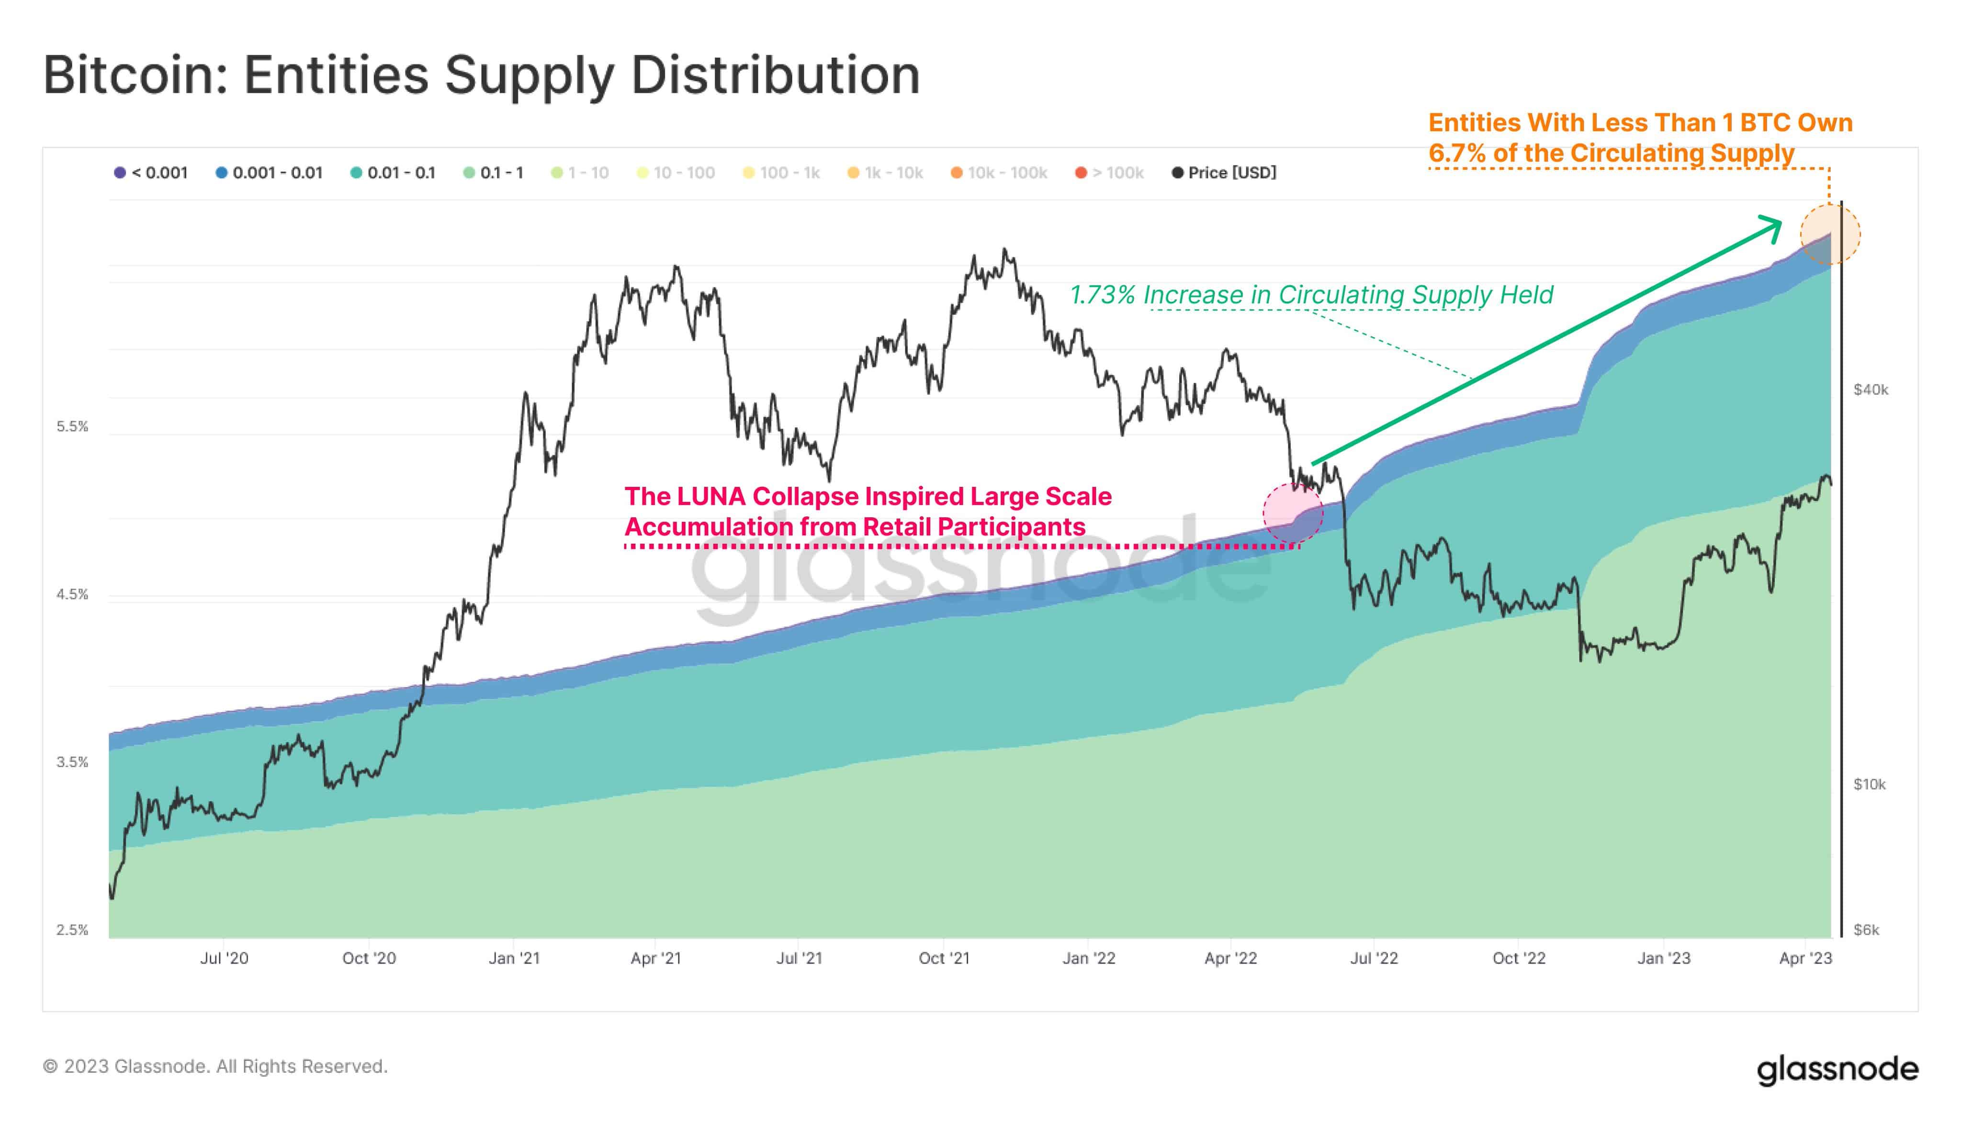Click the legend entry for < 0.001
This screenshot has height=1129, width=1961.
point(151,173)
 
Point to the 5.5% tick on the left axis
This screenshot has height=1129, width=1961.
point(72,426)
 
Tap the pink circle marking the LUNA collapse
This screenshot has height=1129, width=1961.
point(1292,513)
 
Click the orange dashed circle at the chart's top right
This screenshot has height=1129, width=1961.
point(1829,234)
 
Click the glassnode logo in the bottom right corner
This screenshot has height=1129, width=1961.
point(1837,1069)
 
